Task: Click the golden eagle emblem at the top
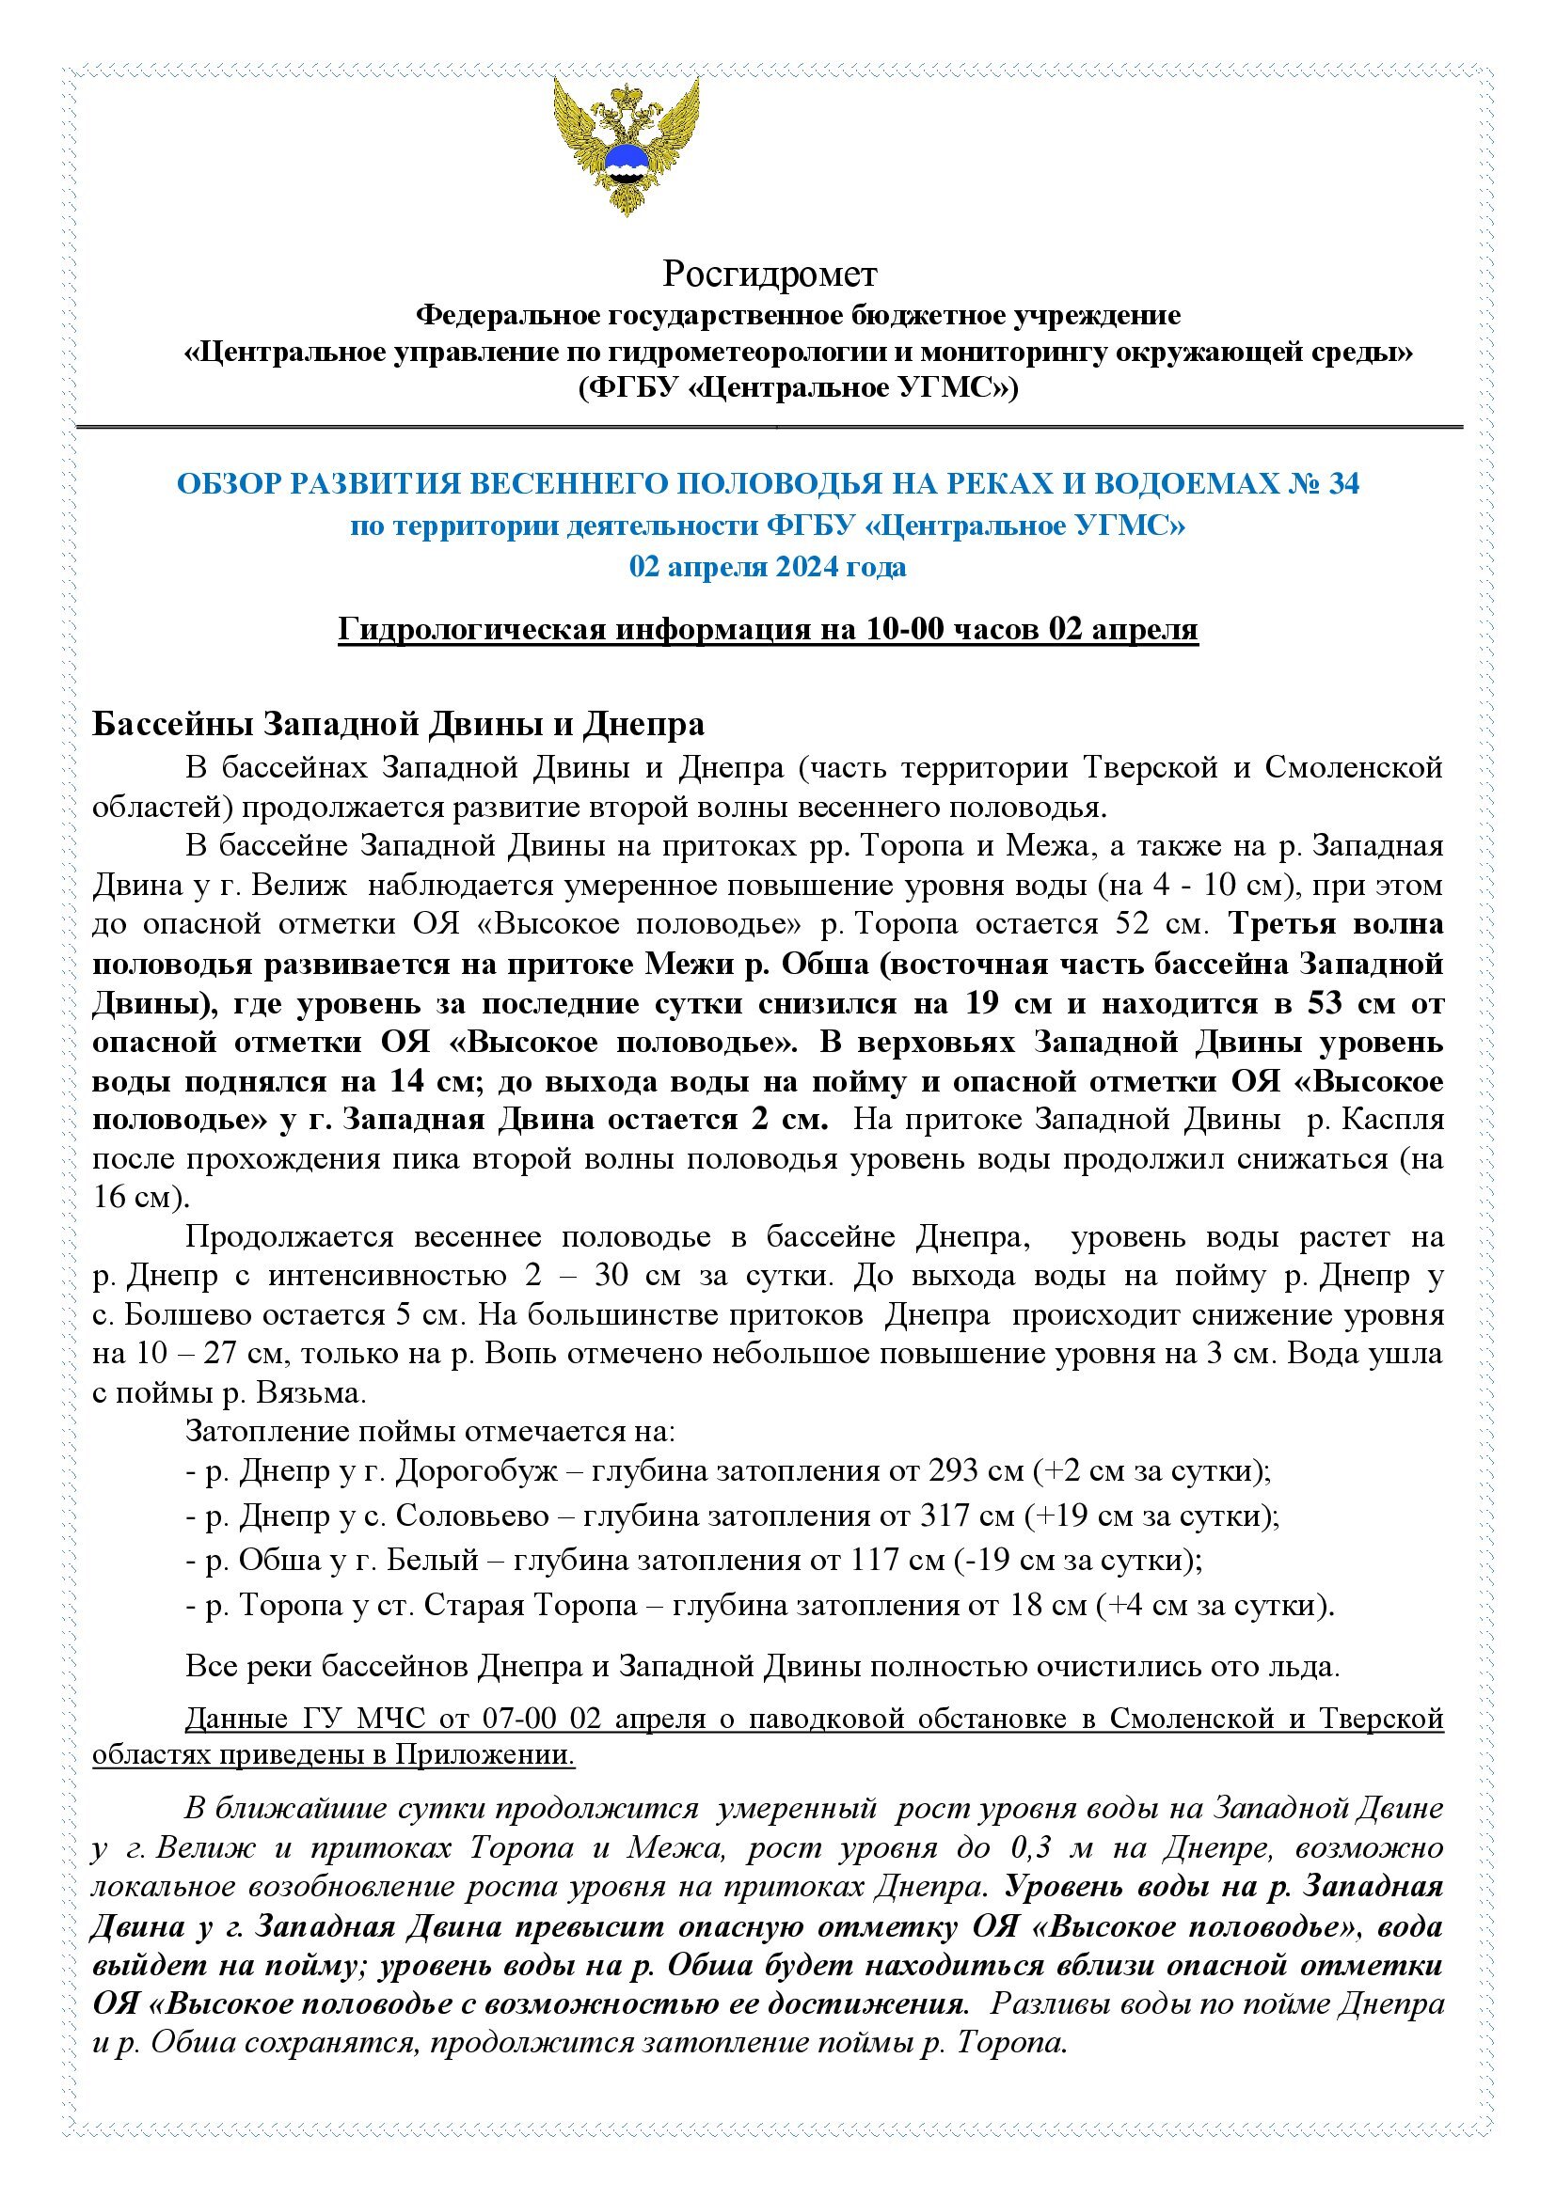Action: (x=626, y=146)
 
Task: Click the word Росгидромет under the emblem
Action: (x=770, y=275)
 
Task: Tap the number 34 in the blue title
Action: (x=1342, y=484)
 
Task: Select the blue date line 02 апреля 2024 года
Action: (x=768, y=567)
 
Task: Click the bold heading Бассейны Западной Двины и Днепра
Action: (x=398, y=725)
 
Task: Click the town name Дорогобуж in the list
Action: (x=475, y=1471)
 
